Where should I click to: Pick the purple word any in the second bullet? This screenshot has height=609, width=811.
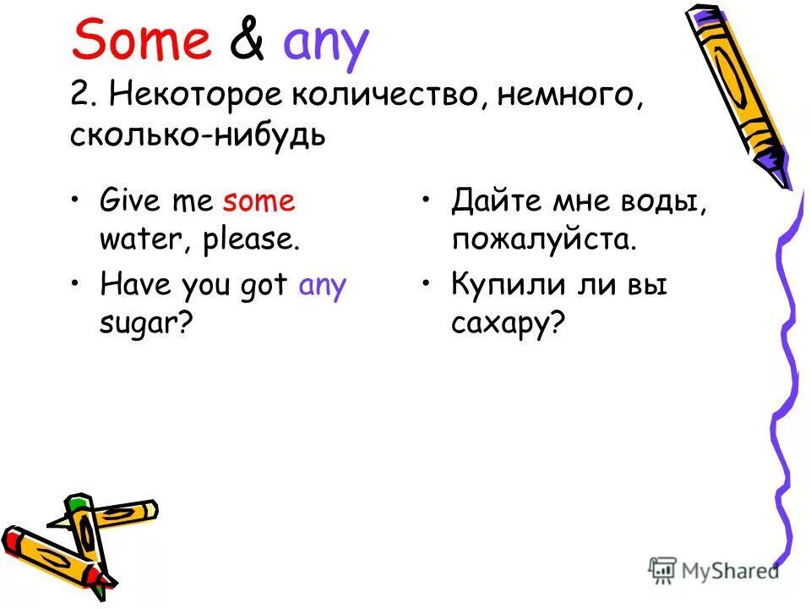pos(323,286)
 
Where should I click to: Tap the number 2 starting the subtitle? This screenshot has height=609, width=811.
pos(79,95)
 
